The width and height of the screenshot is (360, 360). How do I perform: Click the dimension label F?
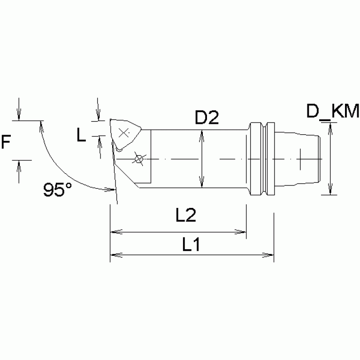click(x=7, y=141)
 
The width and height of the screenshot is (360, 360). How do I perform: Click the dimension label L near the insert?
click(x=82, y=136)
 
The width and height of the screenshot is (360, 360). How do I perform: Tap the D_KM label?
click(x=333, y=112)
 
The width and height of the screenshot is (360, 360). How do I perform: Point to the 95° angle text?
click(x=58, y=190)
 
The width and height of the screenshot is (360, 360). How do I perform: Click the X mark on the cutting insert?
click(x=124, y=132)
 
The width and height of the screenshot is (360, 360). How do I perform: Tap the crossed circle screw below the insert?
click(x=138, y=159)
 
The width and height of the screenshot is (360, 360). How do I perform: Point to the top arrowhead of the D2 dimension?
click(x=202, y=134)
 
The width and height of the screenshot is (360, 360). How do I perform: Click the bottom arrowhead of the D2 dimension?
click(x=202, y=184)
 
